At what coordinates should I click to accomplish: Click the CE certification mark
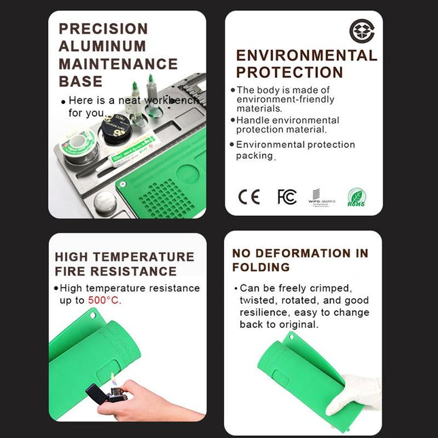pyautogui.click(x=249, y=197)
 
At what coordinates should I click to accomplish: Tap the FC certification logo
pyautogui.click(x=287, y=197)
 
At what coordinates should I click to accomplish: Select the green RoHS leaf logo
pyautogui.click(x=357, y=197)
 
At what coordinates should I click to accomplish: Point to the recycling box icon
pyautogui.click(x=361, y=31)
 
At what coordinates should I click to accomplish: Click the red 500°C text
pyautogui.click(x=105, y=300)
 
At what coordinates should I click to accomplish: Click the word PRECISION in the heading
pyautogui.click(x=103, y=29)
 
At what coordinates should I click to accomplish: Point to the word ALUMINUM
pyautogui.click(x=102, y=46)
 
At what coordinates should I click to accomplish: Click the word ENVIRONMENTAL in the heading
pyautogui.click(x=306, y=56)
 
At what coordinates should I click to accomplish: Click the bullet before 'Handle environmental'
pyautogui.click(x=232, y=120)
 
